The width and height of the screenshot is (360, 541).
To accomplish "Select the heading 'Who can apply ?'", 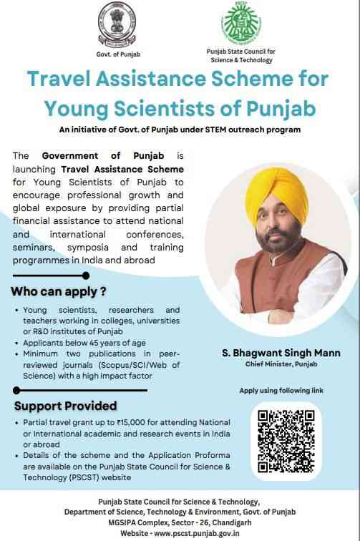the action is pos(59,291).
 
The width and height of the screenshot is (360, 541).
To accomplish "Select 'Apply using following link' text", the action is pos(281,390).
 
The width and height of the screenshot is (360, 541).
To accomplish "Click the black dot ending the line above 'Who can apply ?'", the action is pos(87,275).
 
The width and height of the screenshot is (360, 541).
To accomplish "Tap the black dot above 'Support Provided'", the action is pos(16,390).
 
